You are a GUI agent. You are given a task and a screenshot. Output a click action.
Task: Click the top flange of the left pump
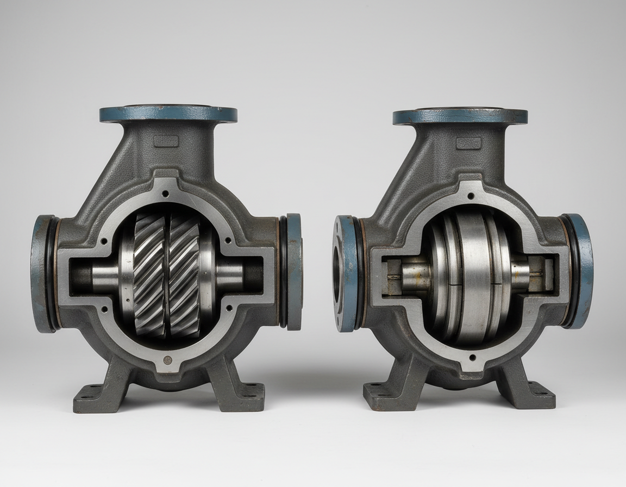coord(168,114)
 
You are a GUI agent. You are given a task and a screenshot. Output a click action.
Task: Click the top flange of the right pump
coord(460,116)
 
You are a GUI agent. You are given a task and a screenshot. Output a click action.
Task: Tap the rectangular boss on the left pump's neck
coord(166,142)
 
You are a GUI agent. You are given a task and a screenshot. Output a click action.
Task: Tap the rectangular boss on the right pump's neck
coord(468,143)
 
